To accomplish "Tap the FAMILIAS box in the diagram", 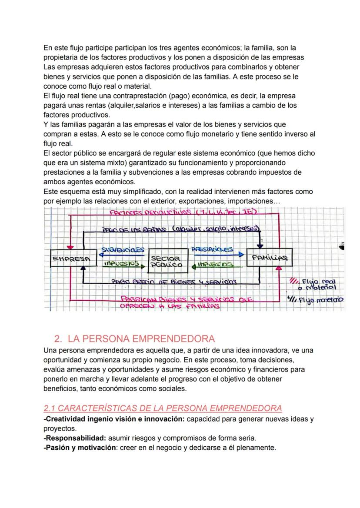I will click(269, 257).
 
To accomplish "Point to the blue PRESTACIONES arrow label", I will click(212, 249).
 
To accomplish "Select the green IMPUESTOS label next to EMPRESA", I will click(121, 263).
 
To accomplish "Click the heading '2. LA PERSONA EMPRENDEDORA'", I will click(134, 339).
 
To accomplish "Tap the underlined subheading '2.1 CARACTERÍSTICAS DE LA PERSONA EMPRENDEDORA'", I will click(163, 408).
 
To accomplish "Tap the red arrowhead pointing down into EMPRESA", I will click(68, 246).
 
